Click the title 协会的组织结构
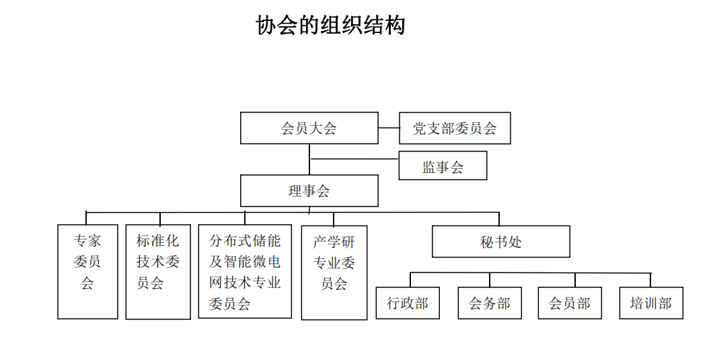pos(330,26)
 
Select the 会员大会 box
pos(309,129)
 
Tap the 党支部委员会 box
pos(455,129)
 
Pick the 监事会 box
pos(443,166)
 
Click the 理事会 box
pos(309,190)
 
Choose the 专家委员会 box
pos(87,272)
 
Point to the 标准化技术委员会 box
pos(158,272)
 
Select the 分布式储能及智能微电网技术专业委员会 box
pos(245,271)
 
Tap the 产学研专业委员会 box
pos(334,273)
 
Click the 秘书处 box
pos(501,242)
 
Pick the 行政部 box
pos(408,303)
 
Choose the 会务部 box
pos(490,303)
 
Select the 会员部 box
pos(570,303)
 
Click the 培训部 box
pos(651,303)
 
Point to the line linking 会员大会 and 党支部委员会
pos(389,129)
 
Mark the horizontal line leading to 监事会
pos(354,159)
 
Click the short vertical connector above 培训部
pos(650,280)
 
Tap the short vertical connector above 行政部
pos(410,280)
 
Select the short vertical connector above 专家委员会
pos(86,219)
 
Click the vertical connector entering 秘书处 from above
pos(499,219)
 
